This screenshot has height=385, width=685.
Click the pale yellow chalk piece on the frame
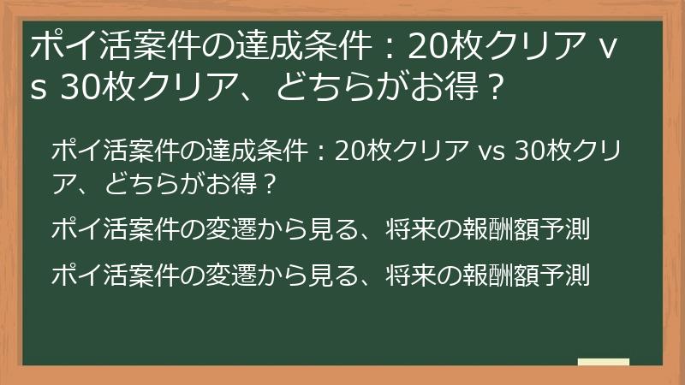click(603, 363)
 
